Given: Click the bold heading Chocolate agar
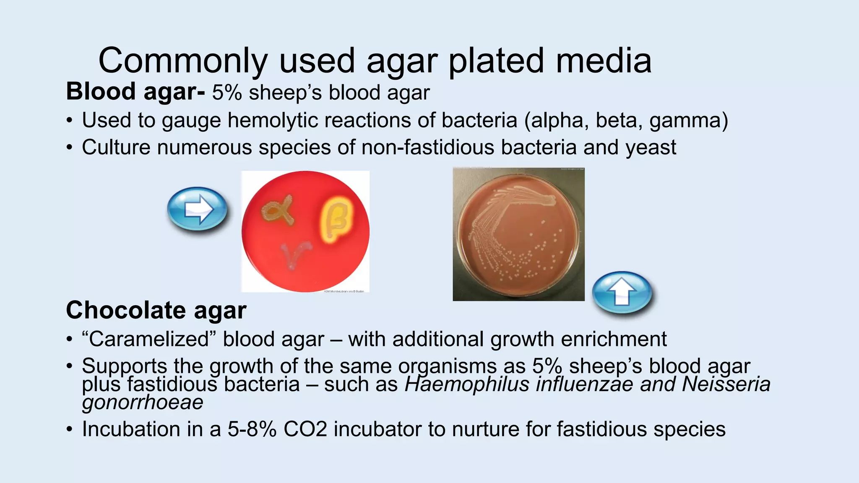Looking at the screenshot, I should (156, 310).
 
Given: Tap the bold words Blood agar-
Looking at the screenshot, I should (135, 92).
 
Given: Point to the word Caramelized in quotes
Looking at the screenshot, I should (149, 339).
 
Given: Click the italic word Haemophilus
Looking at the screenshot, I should (467, 384).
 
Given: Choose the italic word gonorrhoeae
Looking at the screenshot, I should (143, 402).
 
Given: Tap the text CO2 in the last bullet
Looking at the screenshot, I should (305, 429).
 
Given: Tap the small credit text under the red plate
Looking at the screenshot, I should (344, 291).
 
